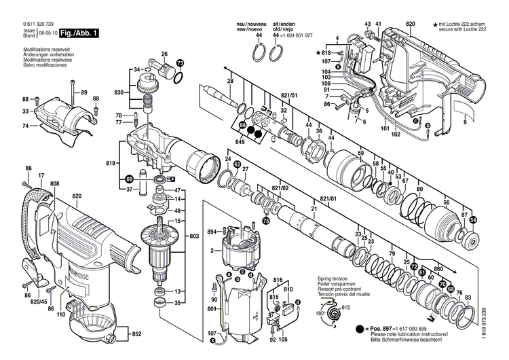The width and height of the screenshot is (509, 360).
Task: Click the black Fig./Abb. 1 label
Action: (x=79, y=33)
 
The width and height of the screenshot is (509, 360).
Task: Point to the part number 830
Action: (x=119, y=92)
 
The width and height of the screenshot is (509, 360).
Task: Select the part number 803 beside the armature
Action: (x=195, y=235)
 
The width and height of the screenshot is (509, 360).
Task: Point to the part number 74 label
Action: (x=25, y=126)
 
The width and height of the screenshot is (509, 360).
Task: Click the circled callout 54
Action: (x=473, y=219)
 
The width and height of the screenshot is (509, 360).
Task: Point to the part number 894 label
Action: (x=212, y=232)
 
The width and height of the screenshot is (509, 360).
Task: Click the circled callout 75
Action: (x=266, y=221)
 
